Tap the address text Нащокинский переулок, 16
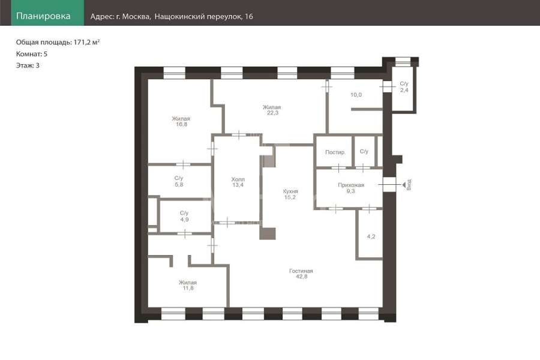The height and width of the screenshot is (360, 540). click(203, 17)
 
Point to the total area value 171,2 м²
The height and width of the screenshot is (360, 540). click(86, 42)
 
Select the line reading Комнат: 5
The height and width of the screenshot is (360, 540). click(32, 54)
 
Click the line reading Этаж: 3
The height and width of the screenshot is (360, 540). click(28, 65)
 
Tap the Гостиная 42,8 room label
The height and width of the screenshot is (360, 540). click(301, 274)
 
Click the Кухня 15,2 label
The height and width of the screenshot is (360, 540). click(290, 194)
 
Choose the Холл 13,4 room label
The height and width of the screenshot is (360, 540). click(238, 182)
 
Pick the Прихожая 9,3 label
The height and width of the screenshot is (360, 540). click(350, 188)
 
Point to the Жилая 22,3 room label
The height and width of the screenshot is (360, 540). click(272, 110)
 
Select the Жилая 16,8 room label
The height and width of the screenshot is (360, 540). click(181, 121)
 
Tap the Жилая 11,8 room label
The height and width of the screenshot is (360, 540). click(188, 285)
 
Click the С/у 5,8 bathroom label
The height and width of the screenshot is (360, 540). click(179, 181)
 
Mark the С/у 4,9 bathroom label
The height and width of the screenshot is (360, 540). click(184, 216)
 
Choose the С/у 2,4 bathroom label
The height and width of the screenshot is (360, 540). click(404, 87)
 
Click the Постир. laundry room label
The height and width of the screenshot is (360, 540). click(335, 152)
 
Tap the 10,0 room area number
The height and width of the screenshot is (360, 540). click(356, 95)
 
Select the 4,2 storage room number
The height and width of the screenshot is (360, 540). click(371, 236)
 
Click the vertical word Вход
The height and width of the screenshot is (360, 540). click(409, 185)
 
